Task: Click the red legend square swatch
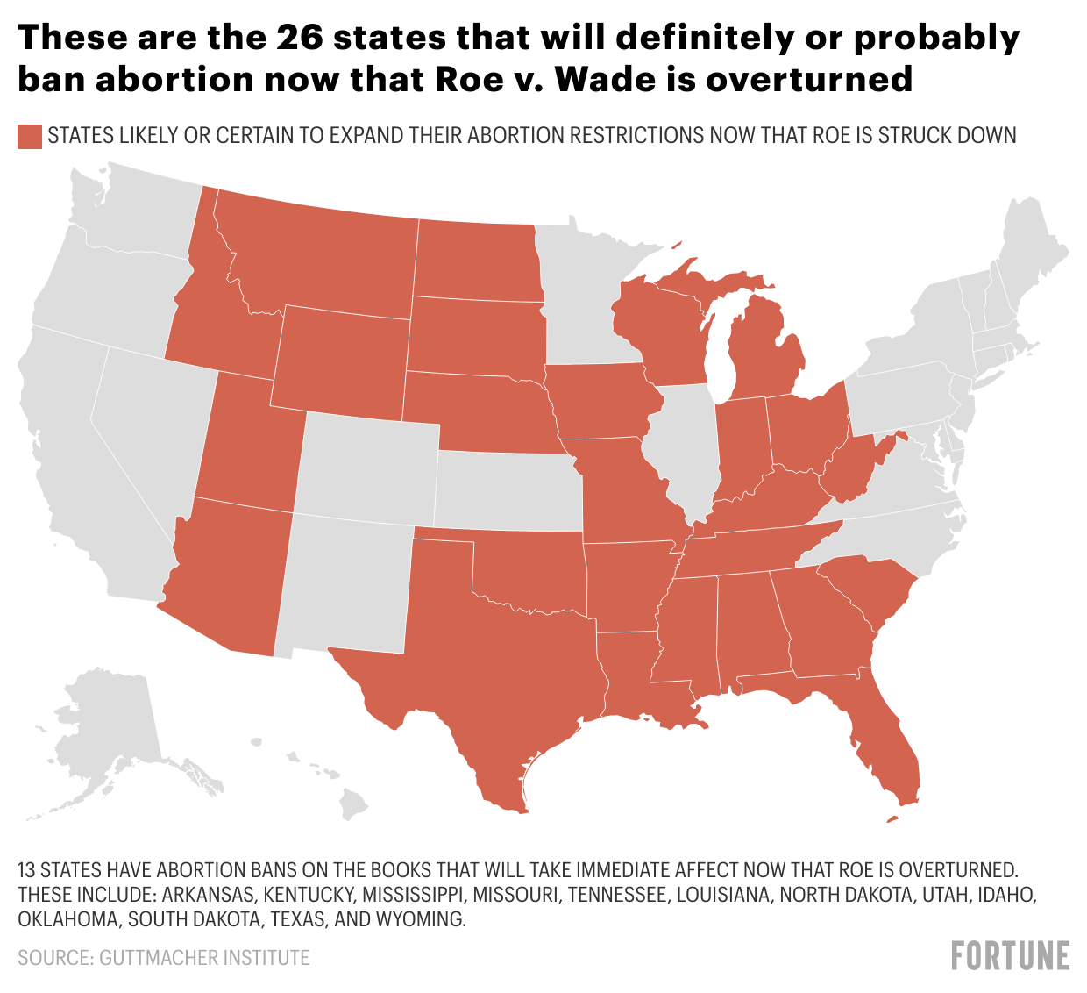30,136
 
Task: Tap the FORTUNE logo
1010,955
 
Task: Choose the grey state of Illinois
688,447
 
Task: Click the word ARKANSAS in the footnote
208,895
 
